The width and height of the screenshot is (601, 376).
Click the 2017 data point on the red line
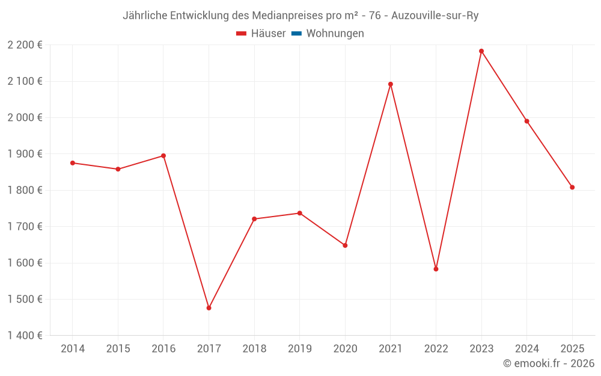click(x=209, y=308)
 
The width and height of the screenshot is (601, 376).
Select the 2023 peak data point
click(x=481, y=51)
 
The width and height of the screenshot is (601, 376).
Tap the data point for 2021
click(x=391, y=84)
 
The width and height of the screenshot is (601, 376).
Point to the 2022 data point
click(x=436, y=269)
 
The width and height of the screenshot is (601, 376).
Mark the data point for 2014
click(x=73, y=163)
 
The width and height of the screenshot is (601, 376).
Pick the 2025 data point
click(x=572, y=187)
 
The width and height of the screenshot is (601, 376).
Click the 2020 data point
click(x=345, y=245)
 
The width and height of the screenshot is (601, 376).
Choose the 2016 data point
click(x=163, y=156)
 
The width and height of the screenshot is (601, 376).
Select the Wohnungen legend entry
click(x=335, y=34)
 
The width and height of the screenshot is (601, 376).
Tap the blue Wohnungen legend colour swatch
click(x=296, y=34)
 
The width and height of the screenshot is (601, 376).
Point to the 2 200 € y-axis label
click(x=25, y=45)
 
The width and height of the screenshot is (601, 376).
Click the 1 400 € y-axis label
click(x=25, y=336)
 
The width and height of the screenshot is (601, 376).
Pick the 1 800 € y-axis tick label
click(x=25, y=190)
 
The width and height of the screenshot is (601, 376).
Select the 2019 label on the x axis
click(x=299, y=349)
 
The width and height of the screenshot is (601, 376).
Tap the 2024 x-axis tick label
click(x=526, y=349)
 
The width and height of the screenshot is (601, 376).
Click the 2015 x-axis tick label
click(x=118, y=349)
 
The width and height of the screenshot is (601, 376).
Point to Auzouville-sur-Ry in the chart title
click(x=435, y=16)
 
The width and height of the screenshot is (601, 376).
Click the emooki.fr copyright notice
click(x=549, y=363)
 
